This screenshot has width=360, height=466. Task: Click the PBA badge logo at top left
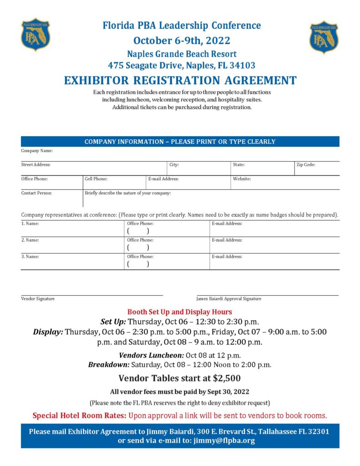tap(35, 35)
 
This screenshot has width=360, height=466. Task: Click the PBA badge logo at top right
tap(324, 37)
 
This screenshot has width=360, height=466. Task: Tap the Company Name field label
tap(37, 151)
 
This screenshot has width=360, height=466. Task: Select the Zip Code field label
tap(306, 165)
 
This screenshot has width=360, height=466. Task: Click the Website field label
tap(242, 179)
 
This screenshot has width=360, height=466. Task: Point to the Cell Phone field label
tap(96, 179)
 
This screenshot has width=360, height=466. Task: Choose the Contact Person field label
tap(36, 193)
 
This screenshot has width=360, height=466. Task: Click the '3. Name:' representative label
tap(30, 257)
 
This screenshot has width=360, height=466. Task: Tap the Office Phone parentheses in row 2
tap(138, 248)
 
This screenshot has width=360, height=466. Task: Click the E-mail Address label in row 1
tap(227, 223)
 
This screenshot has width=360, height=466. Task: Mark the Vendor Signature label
tap(38, 299)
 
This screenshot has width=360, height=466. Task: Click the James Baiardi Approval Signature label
tap(229, 299)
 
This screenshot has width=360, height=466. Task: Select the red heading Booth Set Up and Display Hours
tap(180, 312)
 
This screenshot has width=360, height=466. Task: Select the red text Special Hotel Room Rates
tap(80, 415)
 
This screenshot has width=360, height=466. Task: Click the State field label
tap(238, 165)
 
